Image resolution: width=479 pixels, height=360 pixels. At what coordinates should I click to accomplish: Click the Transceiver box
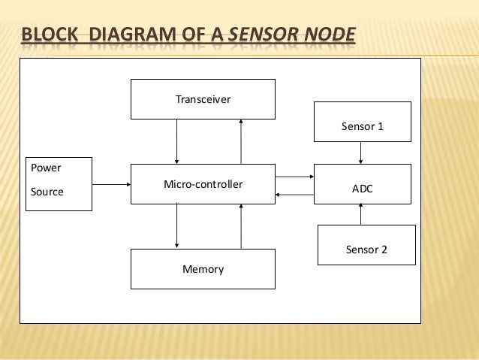click(x=203, y=99)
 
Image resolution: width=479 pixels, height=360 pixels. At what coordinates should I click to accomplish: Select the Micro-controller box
click(x=203, y=183)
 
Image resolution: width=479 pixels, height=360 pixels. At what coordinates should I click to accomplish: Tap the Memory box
click(x=203, y=268)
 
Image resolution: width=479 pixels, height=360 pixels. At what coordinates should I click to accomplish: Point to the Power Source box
click(x=58, y=183)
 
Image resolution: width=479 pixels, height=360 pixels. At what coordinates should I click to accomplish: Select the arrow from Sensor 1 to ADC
click(x=362, y=153)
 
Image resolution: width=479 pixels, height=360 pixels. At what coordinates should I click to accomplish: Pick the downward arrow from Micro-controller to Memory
click(x=177, y=226)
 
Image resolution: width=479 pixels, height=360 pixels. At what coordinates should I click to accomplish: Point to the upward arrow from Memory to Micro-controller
click(x=241, y=226)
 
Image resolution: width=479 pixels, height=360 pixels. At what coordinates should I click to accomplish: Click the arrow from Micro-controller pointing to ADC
click(x=294, y=177)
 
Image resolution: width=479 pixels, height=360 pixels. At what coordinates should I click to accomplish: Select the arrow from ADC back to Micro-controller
click(x=294, y=195)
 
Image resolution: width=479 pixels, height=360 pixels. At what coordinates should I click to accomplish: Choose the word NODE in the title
click(x=330, y=36)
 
